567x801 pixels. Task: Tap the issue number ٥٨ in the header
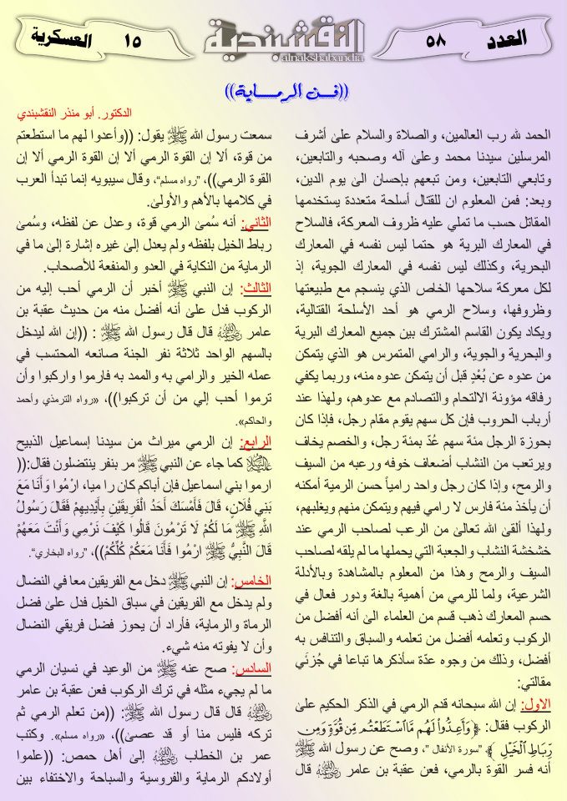(x=437, y=39)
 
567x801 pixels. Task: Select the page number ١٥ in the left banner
(x=132, y=39)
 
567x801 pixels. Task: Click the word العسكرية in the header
(x=62, y=38)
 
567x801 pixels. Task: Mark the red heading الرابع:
(x=256, y=442)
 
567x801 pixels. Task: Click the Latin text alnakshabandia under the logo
(x=285, y=58)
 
